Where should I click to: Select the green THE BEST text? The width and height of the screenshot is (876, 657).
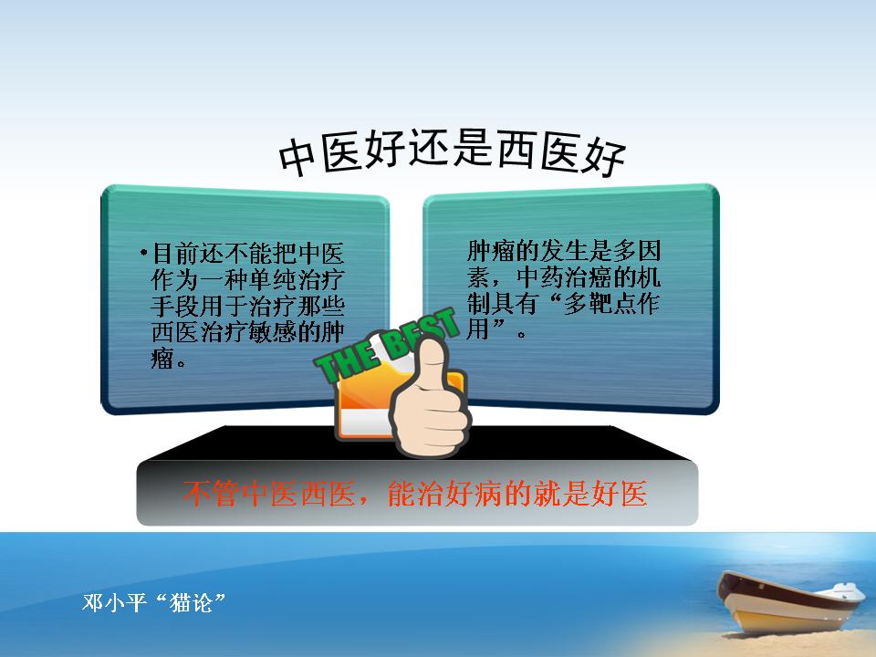386,347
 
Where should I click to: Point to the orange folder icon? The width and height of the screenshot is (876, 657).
369,401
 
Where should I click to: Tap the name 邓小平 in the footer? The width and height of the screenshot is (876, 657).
115,603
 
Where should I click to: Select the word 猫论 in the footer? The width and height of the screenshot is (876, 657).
191,603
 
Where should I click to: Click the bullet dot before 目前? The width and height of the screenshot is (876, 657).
144,253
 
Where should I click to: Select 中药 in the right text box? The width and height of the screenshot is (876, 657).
539,277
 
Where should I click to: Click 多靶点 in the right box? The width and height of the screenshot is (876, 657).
600,303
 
